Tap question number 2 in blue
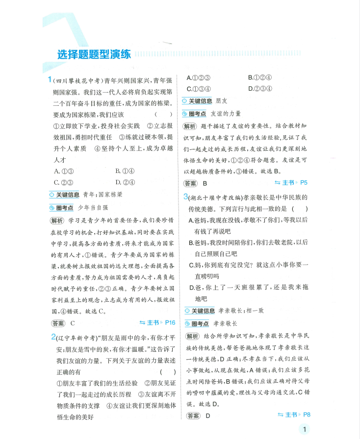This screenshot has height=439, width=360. [x=52, y=337]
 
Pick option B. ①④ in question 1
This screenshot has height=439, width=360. [x=125, y=171]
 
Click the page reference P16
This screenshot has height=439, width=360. [x=170, y=322]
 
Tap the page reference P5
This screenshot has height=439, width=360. [x=304, y=183]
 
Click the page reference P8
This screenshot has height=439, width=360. [x=307, y=415]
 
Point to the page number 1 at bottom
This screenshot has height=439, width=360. [x=305, y=430]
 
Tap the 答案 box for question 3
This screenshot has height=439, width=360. [x=193, y=416]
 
